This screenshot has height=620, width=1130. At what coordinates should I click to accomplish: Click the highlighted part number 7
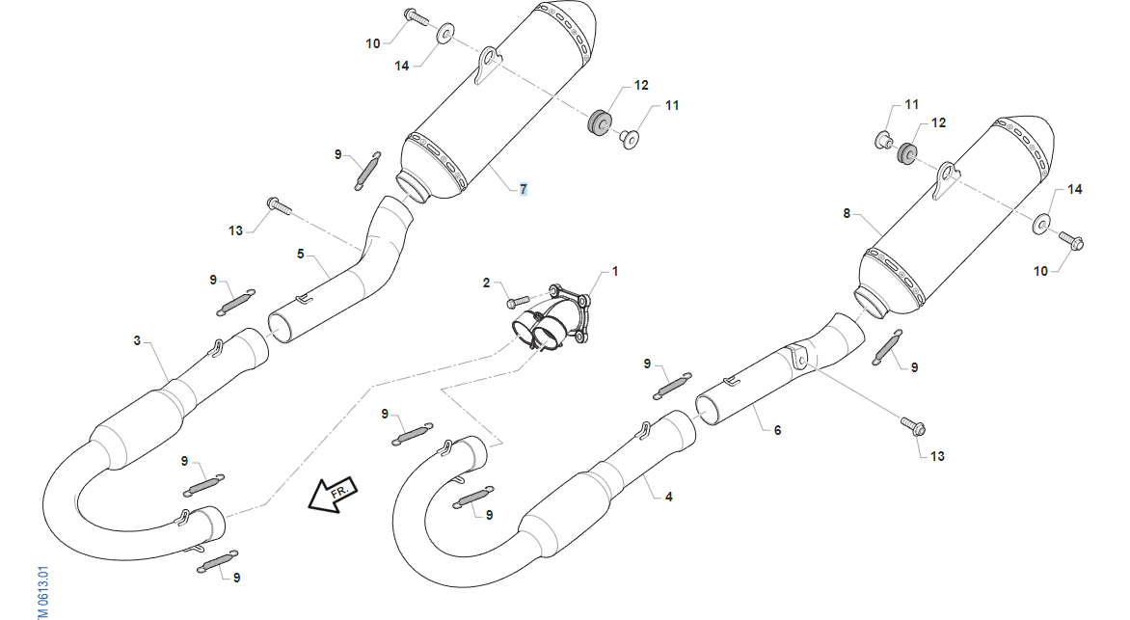click(523, 189)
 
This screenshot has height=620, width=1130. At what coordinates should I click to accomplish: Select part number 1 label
click(615, 272)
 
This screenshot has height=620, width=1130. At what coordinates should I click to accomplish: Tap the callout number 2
click(487, 283)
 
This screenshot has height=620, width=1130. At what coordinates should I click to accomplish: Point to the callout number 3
click(137, 340)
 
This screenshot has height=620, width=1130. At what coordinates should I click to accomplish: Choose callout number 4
click(668, 497)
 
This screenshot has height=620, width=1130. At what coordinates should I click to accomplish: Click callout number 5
click(301, 254)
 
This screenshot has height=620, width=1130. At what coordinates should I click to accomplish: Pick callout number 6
click(777, 430)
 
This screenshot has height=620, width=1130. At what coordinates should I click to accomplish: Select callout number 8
click(847, 213)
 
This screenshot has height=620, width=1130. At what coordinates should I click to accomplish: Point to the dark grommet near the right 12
click(906, 152)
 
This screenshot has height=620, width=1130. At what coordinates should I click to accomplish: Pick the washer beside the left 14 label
click(445, 35)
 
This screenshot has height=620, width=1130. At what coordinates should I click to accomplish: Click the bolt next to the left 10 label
click(413, 15)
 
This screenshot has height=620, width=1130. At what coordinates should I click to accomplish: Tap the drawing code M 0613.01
click(43, 591)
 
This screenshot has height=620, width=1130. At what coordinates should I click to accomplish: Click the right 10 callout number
click(1040, 271)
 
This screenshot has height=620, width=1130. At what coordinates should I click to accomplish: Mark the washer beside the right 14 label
click(1043, 224)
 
